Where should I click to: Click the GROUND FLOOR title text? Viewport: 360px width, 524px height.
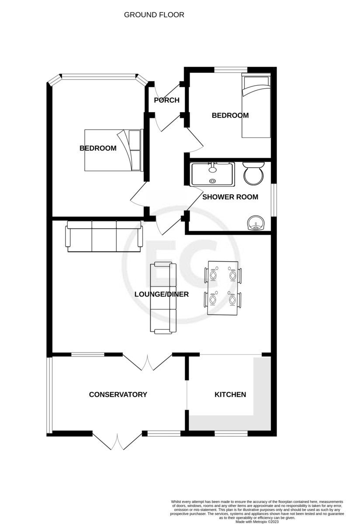click(154, 15)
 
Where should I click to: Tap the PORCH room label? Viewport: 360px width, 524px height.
click(166, 100)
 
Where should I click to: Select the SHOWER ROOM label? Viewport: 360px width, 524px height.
click(230, 197)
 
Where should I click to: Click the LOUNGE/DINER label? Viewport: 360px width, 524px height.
click(161, 294)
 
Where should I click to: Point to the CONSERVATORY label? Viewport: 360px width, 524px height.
click(118, 395)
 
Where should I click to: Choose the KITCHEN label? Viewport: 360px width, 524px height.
click(230, 395)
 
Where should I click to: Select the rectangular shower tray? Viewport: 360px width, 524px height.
click(213, 174)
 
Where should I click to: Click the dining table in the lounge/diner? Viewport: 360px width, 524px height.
click(223, 288)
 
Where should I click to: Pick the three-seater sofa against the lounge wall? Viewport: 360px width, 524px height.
click(104, 236)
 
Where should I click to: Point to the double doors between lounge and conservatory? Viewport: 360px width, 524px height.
click(148, 362)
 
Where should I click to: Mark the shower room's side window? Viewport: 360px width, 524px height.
click(273, 200)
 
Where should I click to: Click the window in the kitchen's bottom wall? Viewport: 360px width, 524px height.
click(231, 434)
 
